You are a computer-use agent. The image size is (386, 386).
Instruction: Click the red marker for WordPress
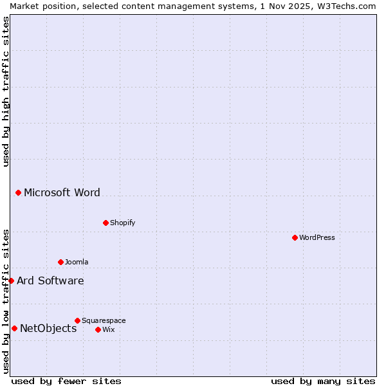click(x=295, y=237)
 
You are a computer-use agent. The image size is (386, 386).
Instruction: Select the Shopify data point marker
click(x=106, y=223)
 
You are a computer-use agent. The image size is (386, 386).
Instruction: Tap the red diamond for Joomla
click(x=60, y=262)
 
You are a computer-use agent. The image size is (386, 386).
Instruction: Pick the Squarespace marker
click(x=77, y=320)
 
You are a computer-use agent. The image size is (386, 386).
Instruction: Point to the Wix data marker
click(x=98, y=329)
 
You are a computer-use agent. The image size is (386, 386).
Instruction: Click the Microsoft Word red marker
click(x=18, y=192)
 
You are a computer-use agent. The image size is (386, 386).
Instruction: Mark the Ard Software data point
click(x=11, y=280)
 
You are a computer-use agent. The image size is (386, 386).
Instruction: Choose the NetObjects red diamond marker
click(x=14, y=328)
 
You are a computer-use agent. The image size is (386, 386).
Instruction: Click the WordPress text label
click(x=317, y=237)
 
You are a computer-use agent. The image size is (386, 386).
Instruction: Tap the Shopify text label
click(x=122, y=223)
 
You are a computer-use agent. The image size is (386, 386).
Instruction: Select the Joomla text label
click(x=77, y=262)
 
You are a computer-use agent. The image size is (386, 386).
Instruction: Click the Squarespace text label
click(x=104, y=320)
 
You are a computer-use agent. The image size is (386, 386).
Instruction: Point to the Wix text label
click(x=108, y=329)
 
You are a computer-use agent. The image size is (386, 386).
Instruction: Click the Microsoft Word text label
click(x=62, y=192)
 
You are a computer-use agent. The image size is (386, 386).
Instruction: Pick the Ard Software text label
click(x=50, y=280)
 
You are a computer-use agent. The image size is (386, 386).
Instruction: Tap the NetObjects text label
click(x=48, y=328)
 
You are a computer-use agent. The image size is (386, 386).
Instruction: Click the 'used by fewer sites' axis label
click(x=66, y=381)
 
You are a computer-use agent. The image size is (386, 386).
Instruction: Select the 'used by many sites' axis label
click(x=323, y=381)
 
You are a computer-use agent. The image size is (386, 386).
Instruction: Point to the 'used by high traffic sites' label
click(x=6, y=91)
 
